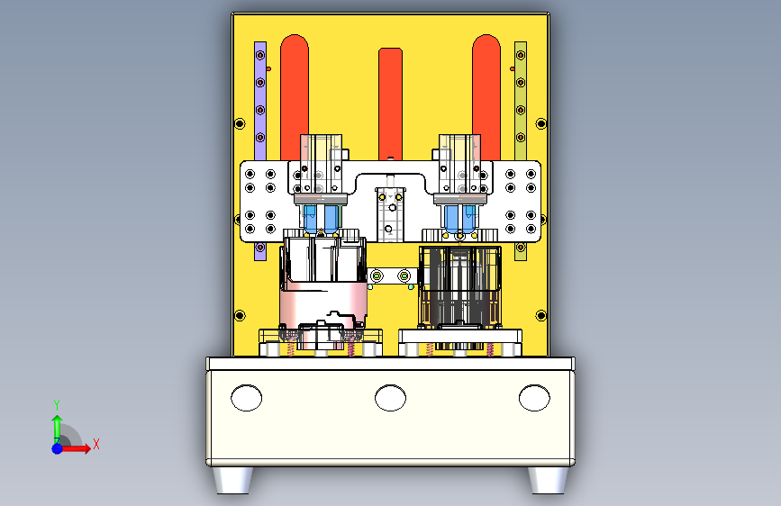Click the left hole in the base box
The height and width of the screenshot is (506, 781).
pos(247,398)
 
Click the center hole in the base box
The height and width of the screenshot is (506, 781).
pos(391,398)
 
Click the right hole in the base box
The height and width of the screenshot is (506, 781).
pos(534,398)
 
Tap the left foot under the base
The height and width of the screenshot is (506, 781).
pos(232,480)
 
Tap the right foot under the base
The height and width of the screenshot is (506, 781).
pos(548,480)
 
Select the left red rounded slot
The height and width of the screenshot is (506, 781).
pos(295,97)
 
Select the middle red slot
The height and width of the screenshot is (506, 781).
pos(391,104)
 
